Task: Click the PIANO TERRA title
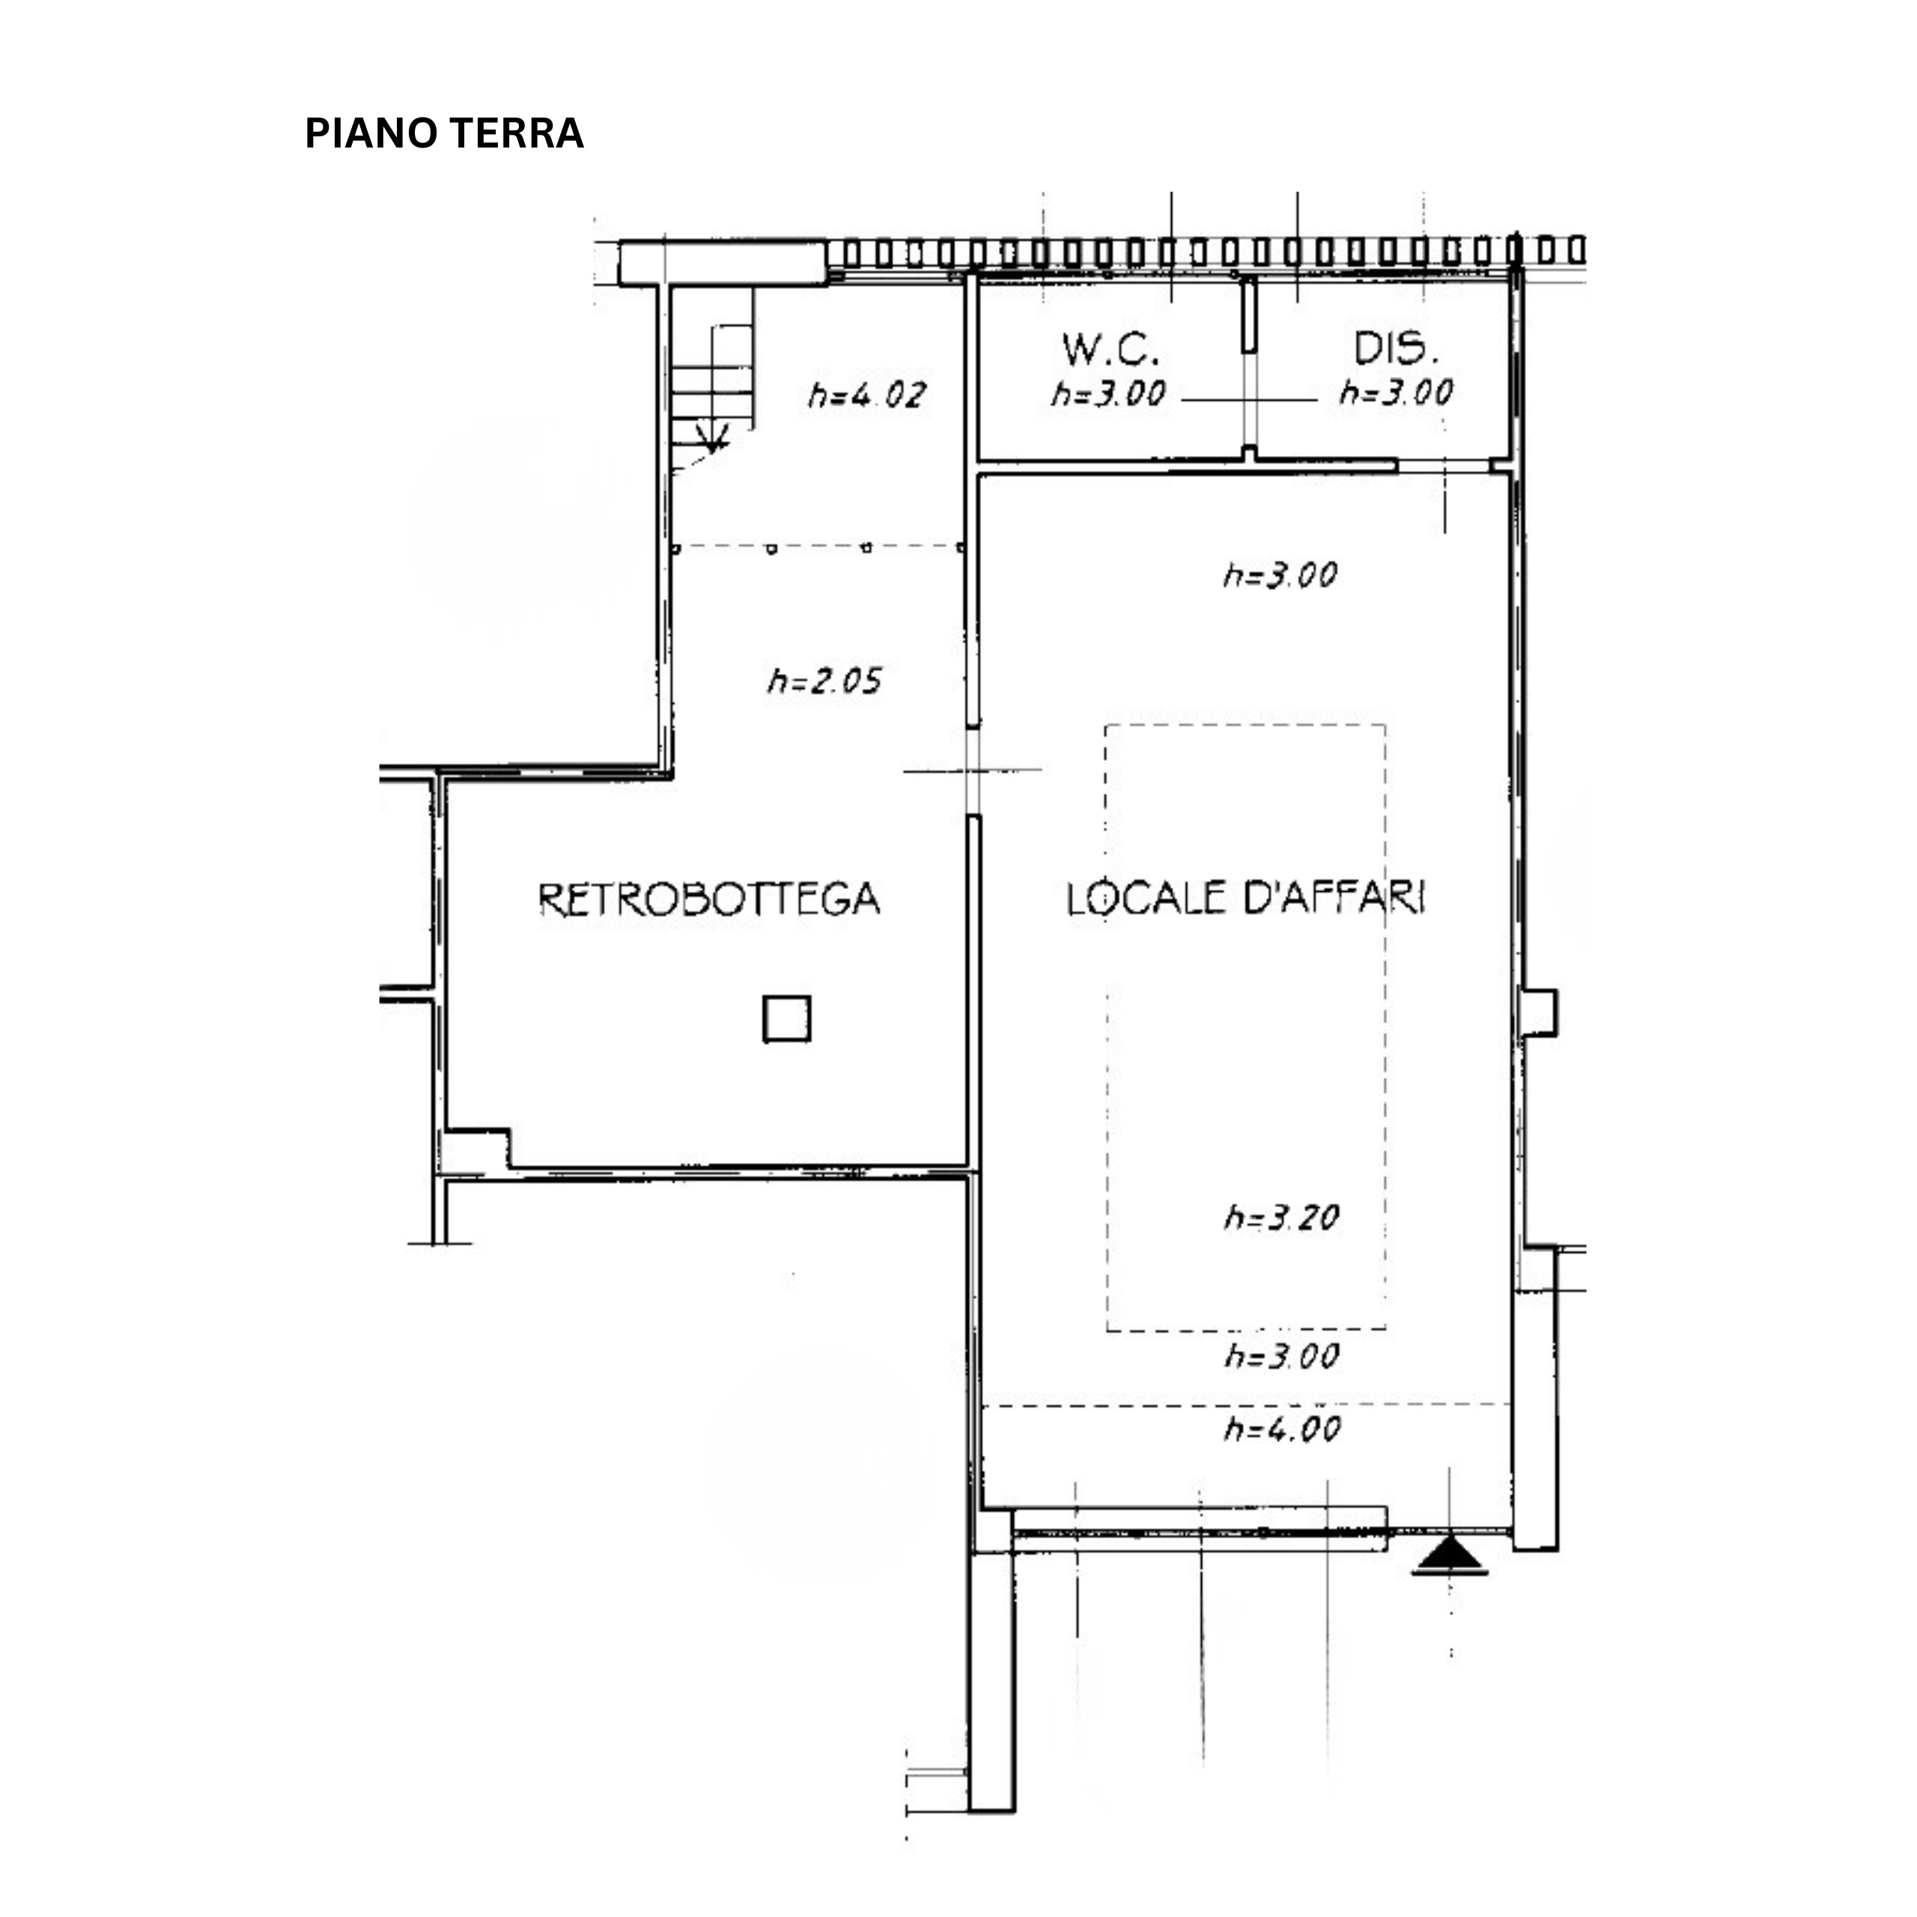pyautogui.click(x=443, y=133)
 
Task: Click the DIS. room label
pyautogui.click(x=1396, y=348)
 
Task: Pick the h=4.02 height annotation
pyautogui.click(x=866, y=395)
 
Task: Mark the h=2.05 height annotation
pyautogui.click(x=824, y=681)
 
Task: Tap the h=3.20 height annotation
pyautogui.click(x=1281, y=1218)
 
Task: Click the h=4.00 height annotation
pyautogui.click(x=1282, y=1429)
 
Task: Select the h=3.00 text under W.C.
pyautogui.click(x=1108, y=394)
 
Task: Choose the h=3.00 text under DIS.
pyautogui.click(x=1396, y=393)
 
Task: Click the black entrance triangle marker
pyautogui.click(x=1450, y=1557)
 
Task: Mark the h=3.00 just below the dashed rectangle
pyautogui.click(x=1281, y=1356)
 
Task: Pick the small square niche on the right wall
pyautogui.click(x=1538, y=1013)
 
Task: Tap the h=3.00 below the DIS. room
pyautogui.click(x=1280, y=574)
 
